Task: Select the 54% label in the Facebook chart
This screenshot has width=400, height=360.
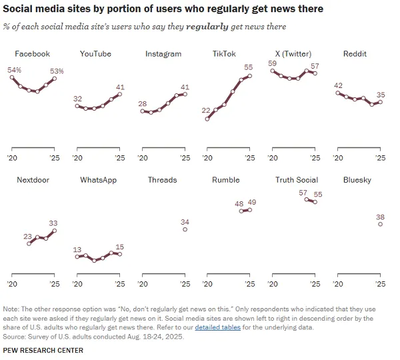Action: [x=14, y=69]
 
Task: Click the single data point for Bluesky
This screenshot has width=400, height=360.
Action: [x=380, y=225]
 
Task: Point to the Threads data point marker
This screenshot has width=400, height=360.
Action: [x=185, y=229]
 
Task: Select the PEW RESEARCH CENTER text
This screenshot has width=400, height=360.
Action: [x=43, y=351]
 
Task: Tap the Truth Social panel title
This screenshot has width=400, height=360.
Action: [x=297, y=180]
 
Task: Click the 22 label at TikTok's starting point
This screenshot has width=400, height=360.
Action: [x=207, y=111]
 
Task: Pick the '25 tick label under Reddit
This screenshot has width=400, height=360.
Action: [x=380, y=158]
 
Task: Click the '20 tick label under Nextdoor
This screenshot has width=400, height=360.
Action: [x=13, y=284]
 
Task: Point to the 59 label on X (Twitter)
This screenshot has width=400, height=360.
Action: [x=272, y=63]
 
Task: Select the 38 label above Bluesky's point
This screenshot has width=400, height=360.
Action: [x=380, y=217]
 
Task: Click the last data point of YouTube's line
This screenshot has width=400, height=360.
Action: [x=120, y=95]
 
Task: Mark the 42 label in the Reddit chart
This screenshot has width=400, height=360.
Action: [x=338, y=85]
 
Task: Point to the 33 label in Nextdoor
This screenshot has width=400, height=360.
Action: [x=54, y=223]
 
